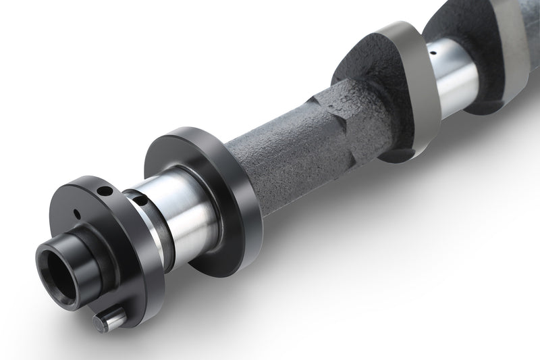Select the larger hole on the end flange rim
pyautogui.click(x=105, y=191)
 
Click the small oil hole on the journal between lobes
pyautogui.click(x=435, y=50)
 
